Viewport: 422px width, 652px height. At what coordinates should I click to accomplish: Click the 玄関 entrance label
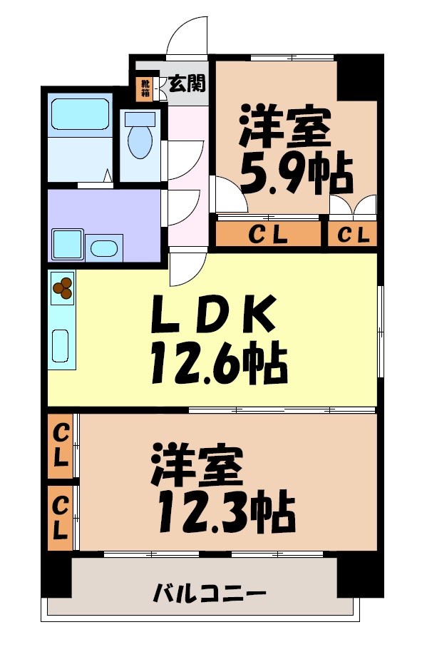point(187,84)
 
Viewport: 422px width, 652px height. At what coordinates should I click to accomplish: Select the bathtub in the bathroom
point(79,113)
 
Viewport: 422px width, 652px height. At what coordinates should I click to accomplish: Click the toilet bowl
point(140,141)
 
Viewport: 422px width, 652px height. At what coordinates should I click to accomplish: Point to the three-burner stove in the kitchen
point(62,287)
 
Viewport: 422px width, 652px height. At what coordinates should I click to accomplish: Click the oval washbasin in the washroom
point(105,249)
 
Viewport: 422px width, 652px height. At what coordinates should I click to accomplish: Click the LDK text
point(213,315)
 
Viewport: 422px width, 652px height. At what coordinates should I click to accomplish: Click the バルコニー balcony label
point(210,593)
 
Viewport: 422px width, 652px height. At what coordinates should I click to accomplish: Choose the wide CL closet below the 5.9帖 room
point(268,234)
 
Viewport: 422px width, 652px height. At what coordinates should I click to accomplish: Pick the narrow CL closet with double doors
point(353,234)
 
